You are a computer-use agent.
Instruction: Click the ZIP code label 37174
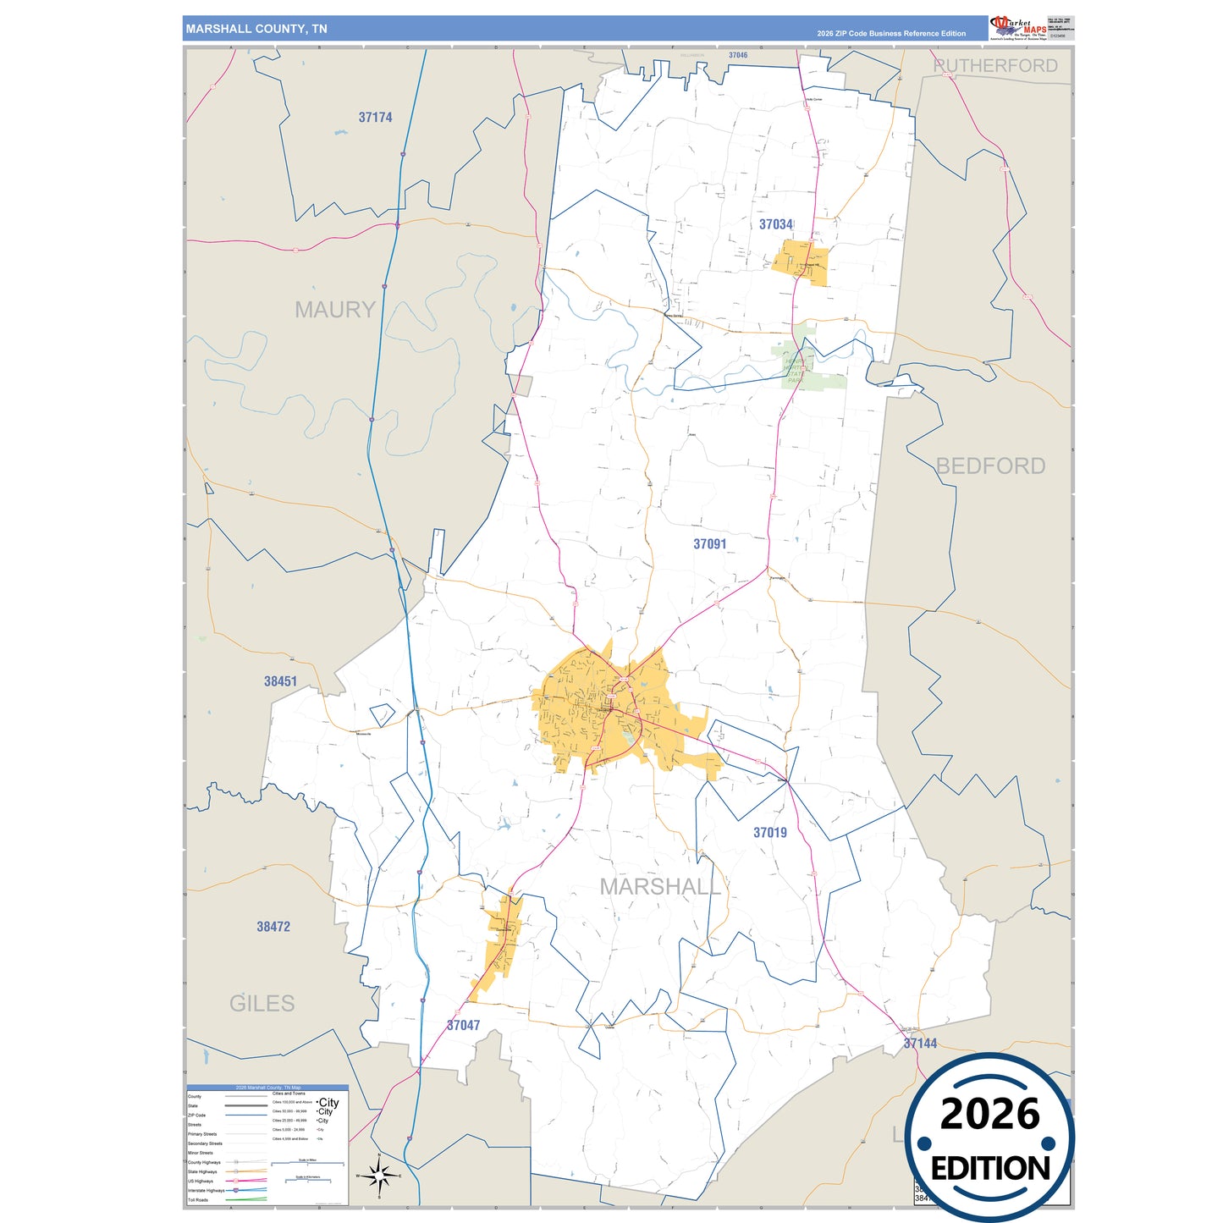click(375, 118)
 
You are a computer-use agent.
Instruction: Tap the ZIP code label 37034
click(775, 224)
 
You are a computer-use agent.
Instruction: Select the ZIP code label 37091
click(709, 544)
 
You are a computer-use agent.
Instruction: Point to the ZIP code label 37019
click(770, 833)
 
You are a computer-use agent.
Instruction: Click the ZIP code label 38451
click(280, 681)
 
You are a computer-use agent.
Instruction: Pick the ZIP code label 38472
click(273, 927)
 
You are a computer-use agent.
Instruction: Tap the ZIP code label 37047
click(463, 1026)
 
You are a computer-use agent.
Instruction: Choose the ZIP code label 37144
click(920, 1044)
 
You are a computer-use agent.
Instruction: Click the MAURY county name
click(334, 310)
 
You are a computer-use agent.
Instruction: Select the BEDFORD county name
click(990, 466)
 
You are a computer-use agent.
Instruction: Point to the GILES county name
click(262, 1004)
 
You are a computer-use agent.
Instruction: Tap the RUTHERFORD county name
click(995, 66)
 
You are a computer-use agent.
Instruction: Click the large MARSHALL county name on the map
click(660, 887)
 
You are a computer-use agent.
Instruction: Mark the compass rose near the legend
click(378, 1175)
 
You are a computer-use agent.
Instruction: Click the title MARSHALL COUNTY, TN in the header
click(256, 29)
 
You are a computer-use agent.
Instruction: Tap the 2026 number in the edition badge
click(989, 1114)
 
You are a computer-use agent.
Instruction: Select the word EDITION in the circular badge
click(989, 1169)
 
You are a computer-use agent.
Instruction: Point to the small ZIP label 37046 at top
click(738, 55)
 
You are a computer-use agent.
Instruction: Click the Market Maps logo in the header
click(1017, 28)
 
